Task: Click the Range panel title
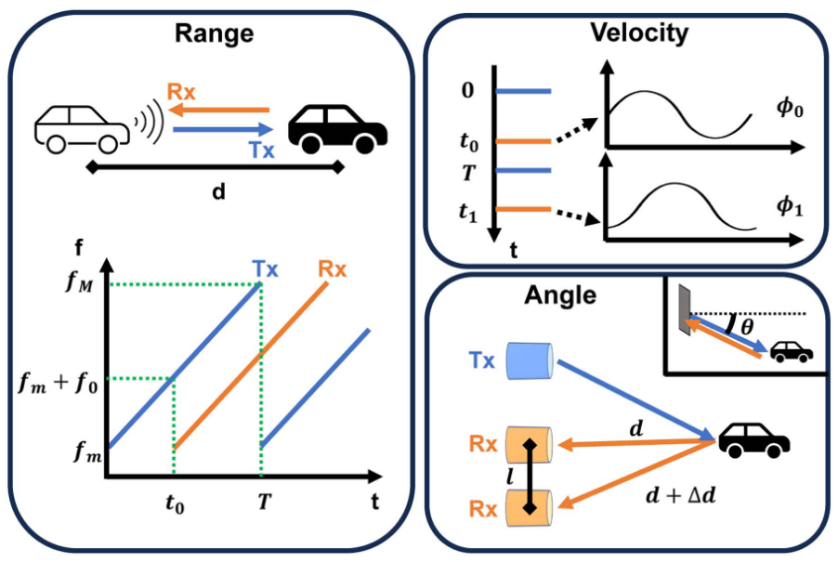tap(215, 35)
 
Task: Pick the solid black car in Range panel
tap(337, 128)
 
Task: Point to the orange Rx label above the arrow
tap(181, 92)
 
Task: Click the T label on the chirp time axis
tap(262, 505)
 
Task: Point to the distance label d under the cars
tap(215, 195)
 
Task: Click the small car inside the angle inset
tap(792, 352)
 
